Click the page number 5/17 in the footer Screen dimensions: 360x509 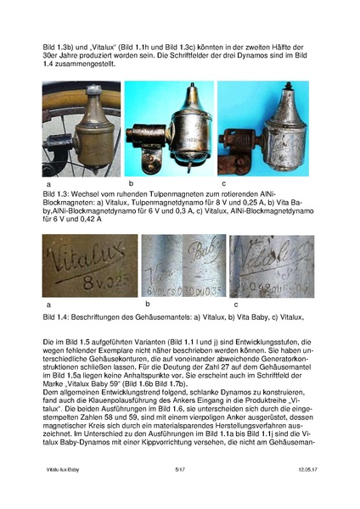179,492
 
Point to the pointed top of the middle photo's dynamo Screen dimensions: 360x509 168,86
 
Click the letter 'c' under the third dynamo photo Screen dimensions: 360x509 223,183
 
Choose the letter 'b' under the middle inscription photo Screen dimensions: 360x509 147,303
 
